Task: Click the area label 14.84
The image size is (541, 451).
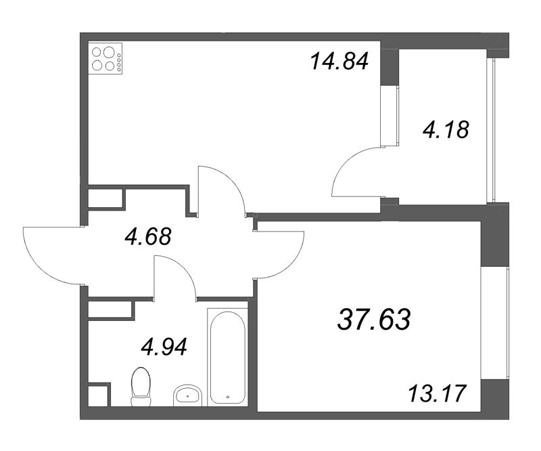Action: pos(339,62)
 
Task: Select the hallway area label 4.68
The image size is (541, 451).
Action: pos(148,237)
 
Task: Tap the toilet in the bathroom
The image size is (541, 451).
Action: pos(140,385)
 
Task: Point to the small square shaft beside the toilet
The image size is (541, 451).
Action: pos(98,395)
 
